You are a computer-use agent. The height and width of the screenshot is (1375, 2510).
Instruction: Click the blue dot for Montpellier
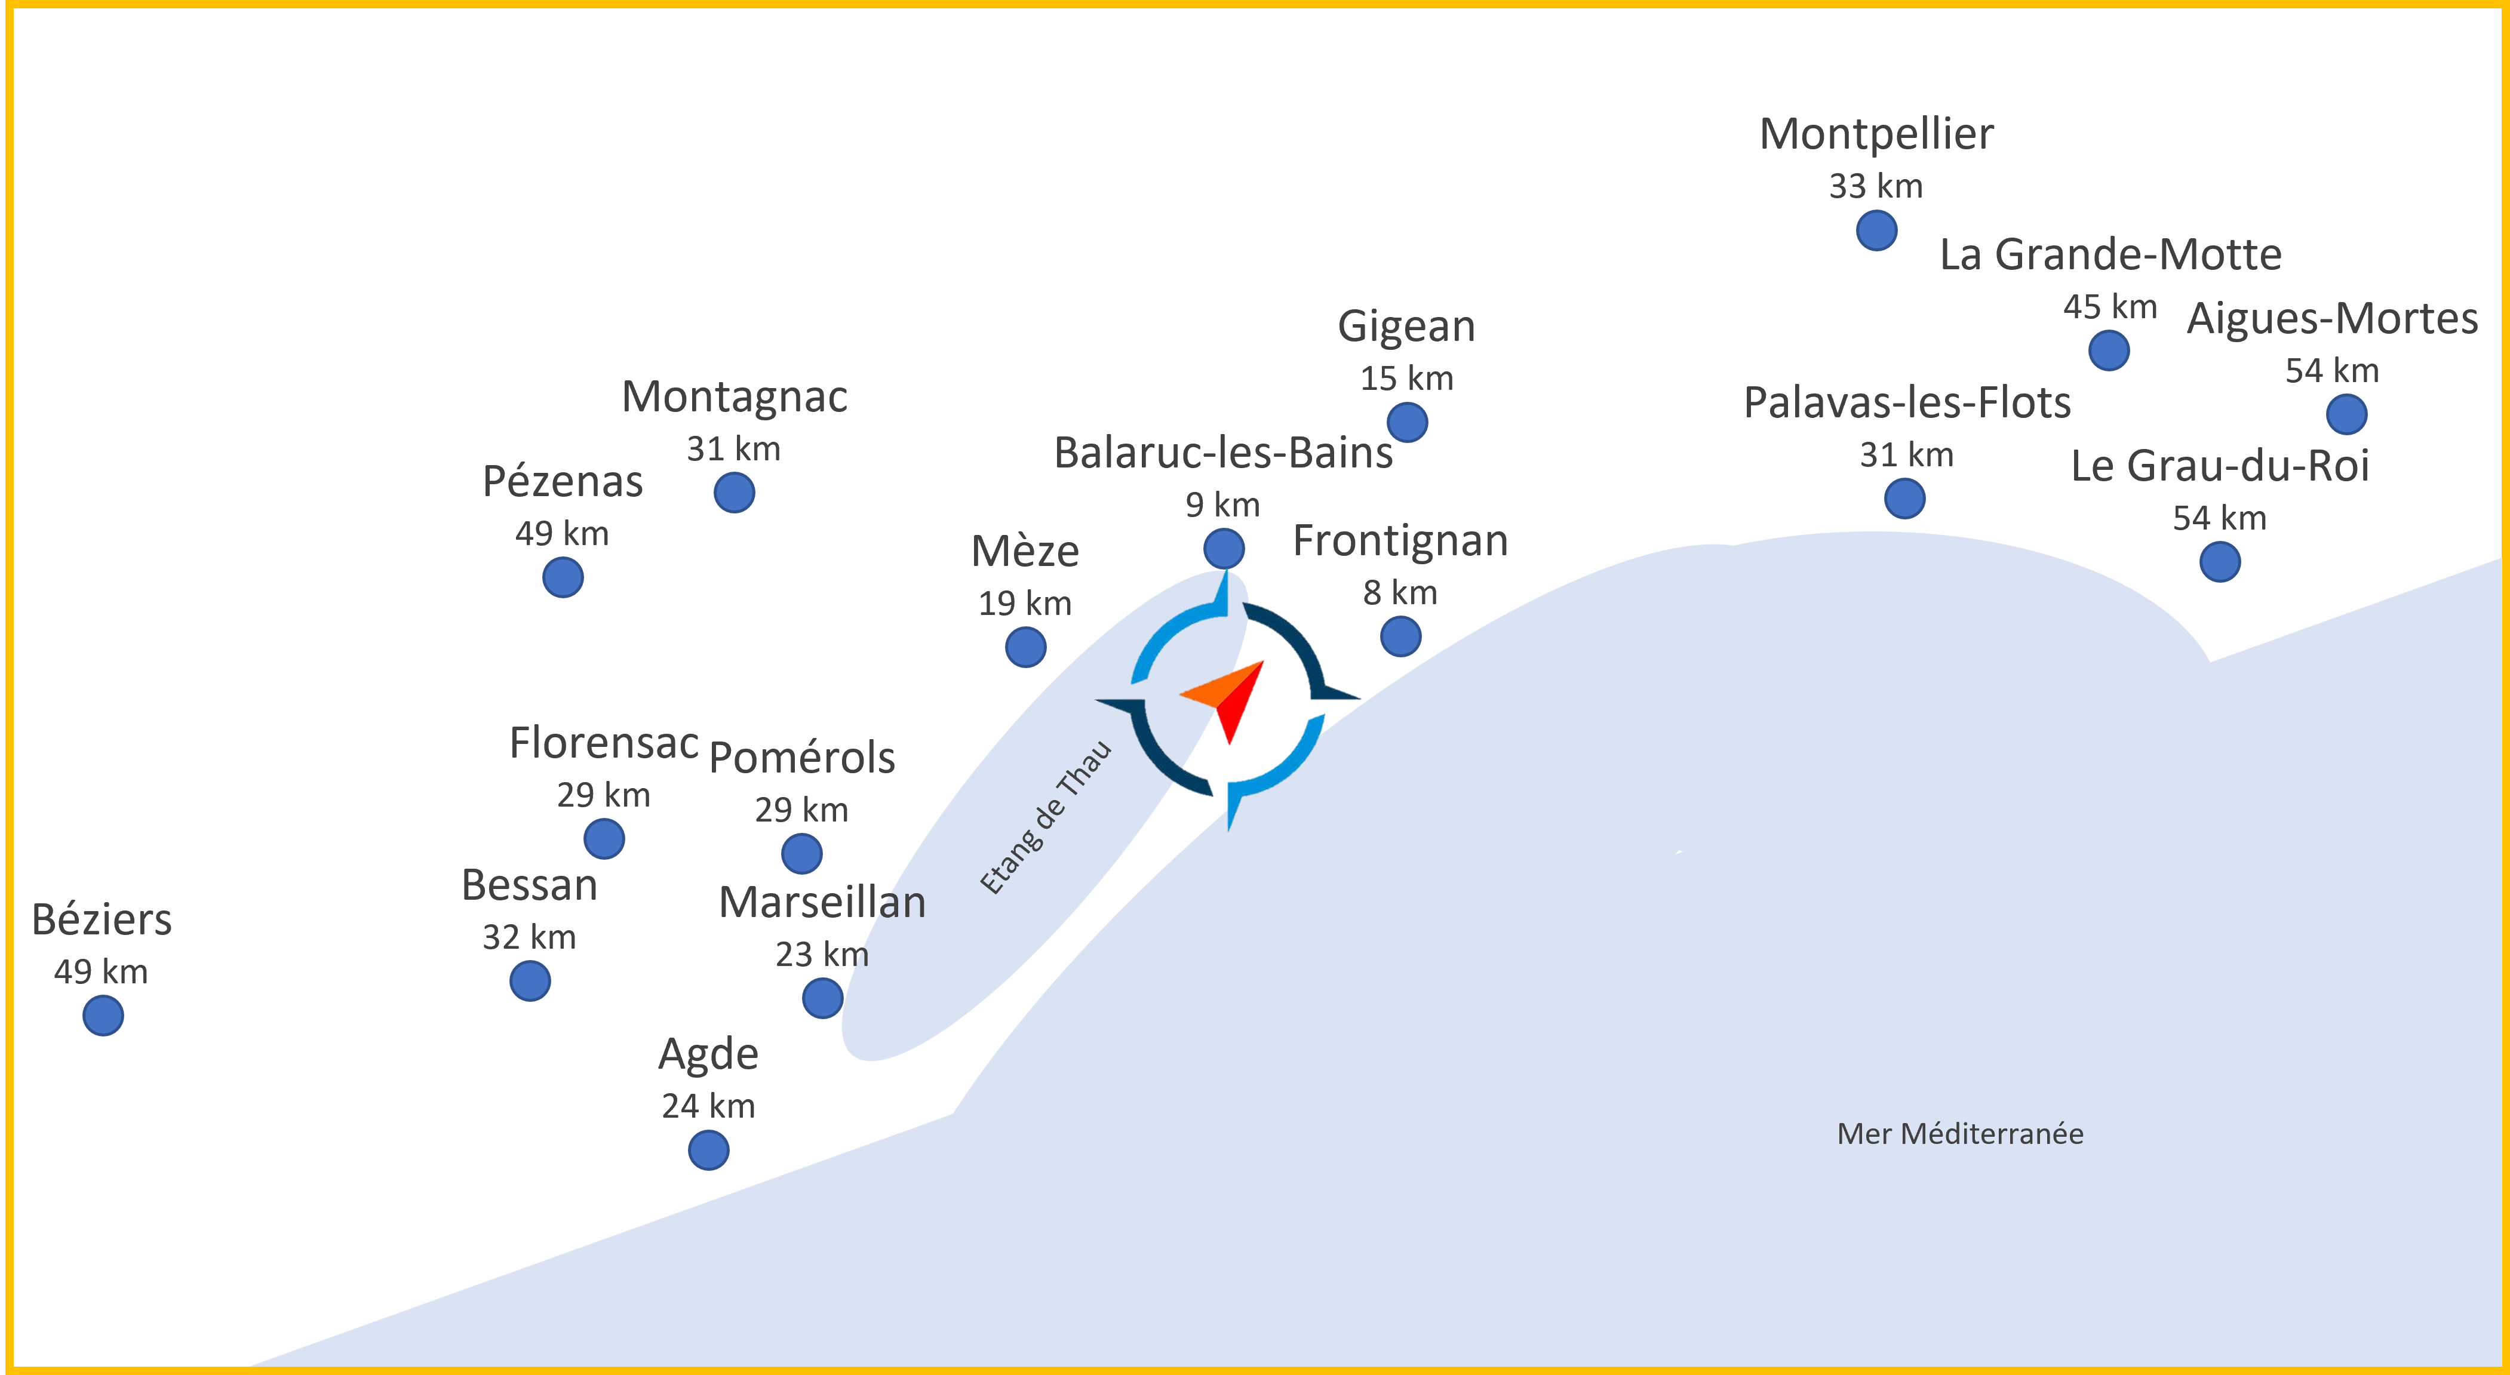pos(1876,231)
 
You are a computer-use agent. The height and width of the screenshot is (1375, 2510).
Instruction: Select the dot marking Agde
pos(708,1150)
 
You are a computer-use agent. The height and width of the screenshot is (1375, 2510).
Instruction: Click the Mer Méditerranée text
pos(1961,1133)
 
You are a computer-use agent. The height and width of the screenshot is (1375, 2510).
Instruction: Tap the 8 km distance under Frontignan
pos(1400,592)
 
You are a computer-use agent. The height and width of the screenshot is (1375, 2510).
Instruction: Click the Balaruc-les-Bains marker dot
pos(1224,549)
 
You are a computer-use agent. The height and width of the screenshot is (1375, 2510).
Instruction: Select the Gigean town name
pos(1406,327)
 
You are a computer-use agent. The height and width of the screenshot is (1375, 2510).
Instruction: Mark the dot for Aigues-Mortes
pos(2346,414)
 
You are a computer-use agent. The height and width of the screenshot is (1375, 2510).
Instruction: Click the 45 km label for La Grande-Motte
pos(2109,307)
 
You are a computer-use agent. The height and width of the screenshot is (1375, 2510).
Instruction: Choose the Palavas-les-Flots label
pos(1907,402)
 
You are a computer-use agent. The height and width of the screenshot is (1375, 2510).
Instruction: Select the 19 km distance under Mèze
pos(1025,604)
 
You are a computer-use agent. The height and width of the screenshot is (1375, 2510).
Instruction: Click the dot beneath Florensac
pos(604,839)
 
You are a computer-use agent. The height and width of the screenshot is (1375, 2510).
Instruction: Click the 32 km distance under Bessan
pos(529,937)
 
